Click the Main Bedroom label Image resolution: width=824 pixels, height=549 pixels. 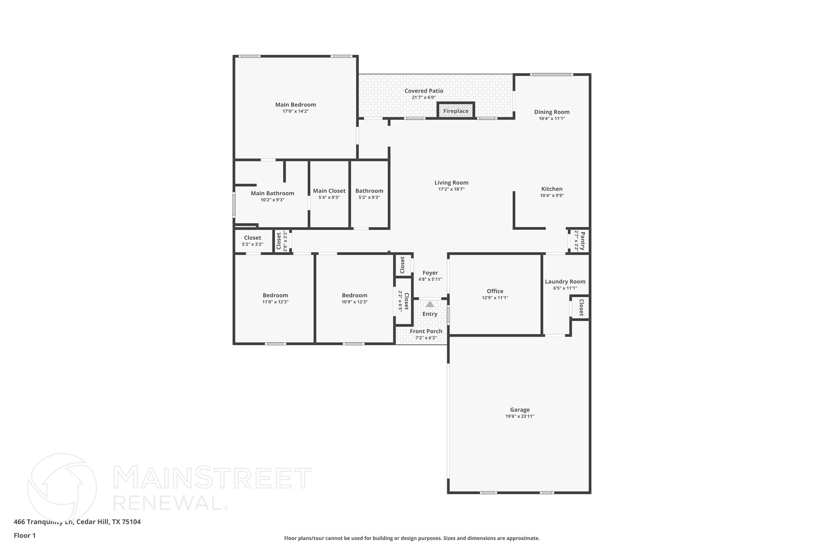tap(295, 105)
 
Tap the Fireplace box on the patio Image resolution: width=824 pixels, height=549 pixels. tap(456, 111)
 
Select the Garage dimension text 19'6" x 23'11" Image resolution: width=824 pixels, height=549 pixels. tap(520, 416)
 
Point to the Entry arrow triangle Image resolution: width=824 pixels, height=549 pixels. tap(430, 304)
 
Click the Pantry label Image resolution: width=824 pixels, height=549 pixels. tap(582, 241)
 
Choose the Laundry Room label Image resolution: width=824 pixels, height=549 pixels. tap(565, 282)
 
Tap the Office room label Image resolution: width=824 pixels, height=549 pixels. tap(495, 291)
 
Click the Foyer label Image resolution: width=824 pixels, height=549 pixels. tap(430, 273)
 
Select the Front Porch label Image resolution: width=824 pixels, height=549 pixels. tap(426, 331)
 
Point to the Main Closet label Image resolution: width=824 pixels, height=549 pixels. tap(329, 191)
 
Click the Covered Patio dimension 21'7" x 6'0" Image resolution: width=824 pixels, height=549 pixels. tap(424, 97)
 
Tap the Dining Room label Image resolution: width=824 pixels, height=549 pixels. tap(552, 112)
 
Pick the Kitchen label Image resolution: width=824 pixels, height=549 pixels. tap(552, 189)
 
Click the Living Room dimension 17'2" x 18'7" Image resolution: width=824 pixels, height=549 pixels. tap(451, 189)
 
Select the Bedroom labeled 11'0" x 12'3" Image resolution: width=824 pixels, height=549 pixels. tap(275, 295)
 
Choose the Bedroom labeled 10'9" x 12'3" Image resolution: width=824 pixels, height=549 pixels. tap(354, 295)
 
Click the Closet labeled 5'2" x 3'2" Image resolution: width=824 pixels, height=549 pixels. tap(252, 238)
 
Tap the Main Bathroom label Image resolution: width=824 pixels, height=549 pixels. tap(272, 193)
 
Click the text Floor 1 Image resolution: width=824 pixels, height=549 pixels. tap(25, 535)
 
